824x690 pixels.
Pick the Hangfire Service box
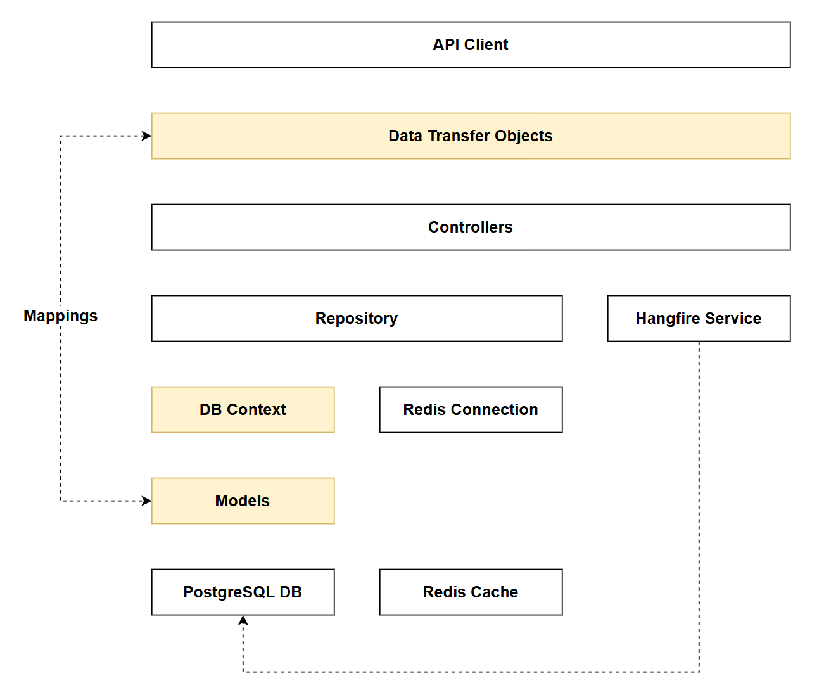click(698, 318)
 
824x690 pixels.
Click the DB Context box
click(243, 409)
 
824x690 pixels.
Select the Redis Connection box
click(471, 409)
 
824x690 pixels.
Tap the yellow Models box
click(243, 501)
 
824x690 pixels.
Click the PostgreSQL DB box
click(243, 592)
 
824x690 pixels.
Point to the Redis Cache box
click(471, 592)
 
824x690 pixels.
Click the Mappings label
click(61, 316)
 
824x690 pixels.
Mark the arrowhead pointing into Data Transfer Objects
click(147, 136)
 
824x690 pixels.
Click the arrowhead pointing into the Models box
click(147, 501)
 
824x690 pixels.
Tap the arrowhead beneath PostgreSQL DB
click(243, 620)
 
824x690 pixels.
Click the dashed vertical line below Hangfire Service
click(699, 507)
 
